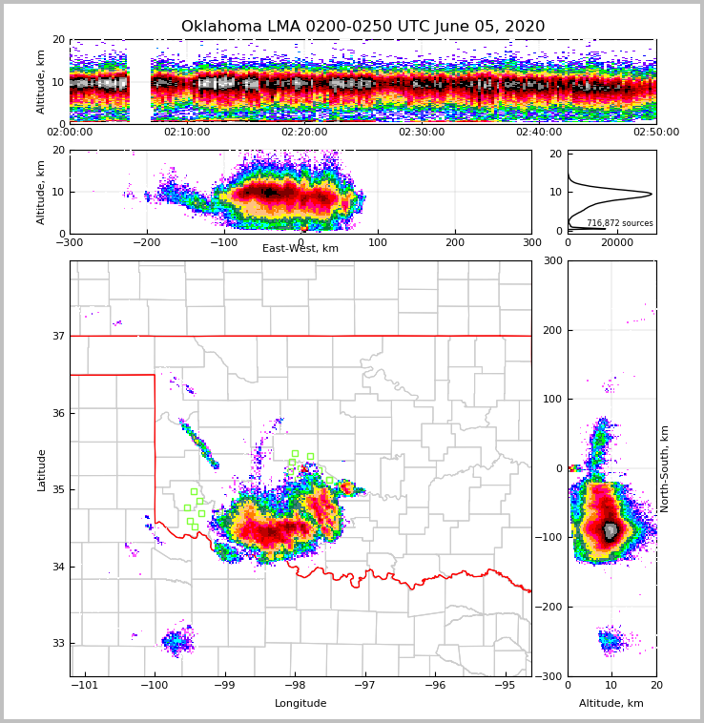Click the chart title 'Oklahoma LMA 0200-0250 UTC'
point(362,27)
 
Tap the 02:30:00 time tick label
point(422,133)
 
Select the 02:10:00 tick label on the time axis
point(187,133)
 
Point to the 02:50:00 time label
point(655,133)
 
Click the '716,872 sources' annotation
point(620,223)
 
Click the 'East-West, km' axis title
point(300,249)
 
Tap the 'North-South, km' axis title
point(665,468)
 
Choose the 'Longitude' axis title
point(300,704)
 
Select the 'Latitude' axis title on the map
point(41,469)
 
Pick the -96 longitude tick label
point(434,685)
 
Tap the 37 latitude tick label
point(58,336)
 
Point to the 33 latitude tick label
point(58,643)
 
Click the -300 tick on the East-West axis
point(70,241)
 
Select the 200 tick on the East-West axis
point(455,241)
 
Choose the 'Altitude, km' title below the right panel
point(611,704)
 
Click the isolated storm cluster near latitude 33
point(177,642)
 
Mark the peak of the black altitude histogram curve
point(652,194)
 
